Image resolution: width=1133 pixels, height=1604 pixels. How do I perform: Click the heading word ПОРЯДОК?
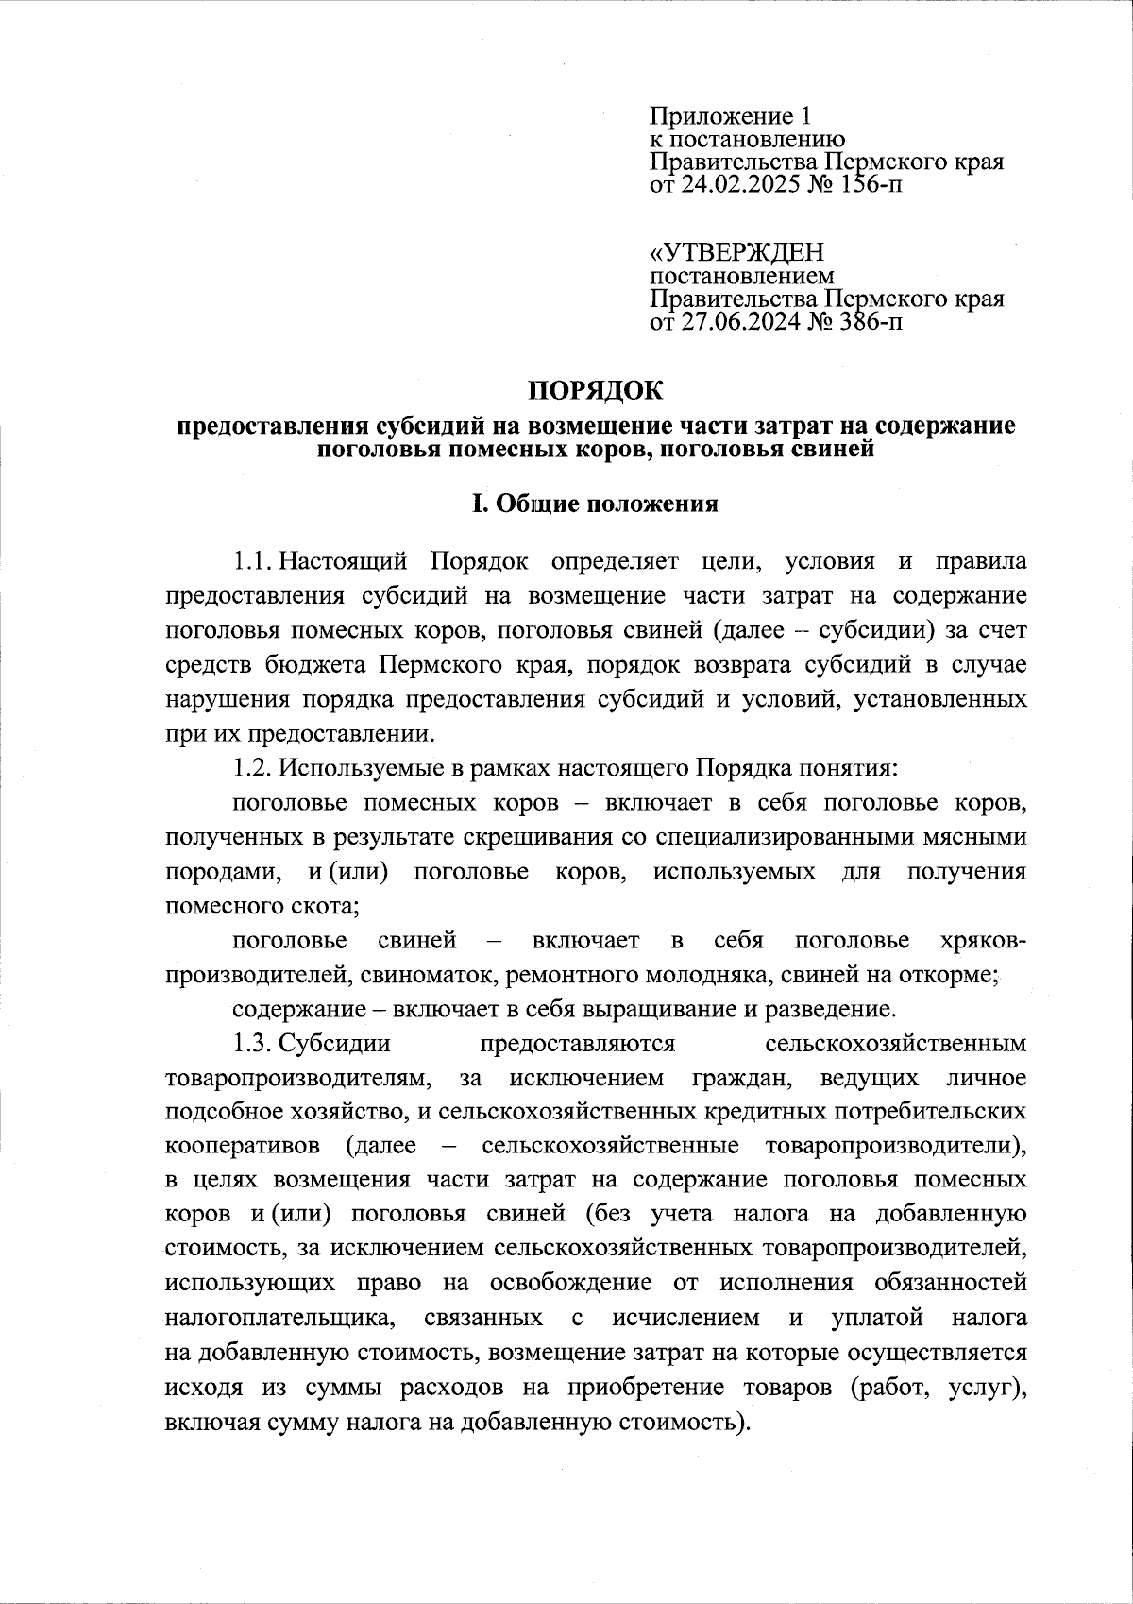(595, 390)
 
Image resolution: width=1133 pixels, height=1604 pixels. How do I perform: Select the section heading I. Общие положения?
(595, 503)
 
